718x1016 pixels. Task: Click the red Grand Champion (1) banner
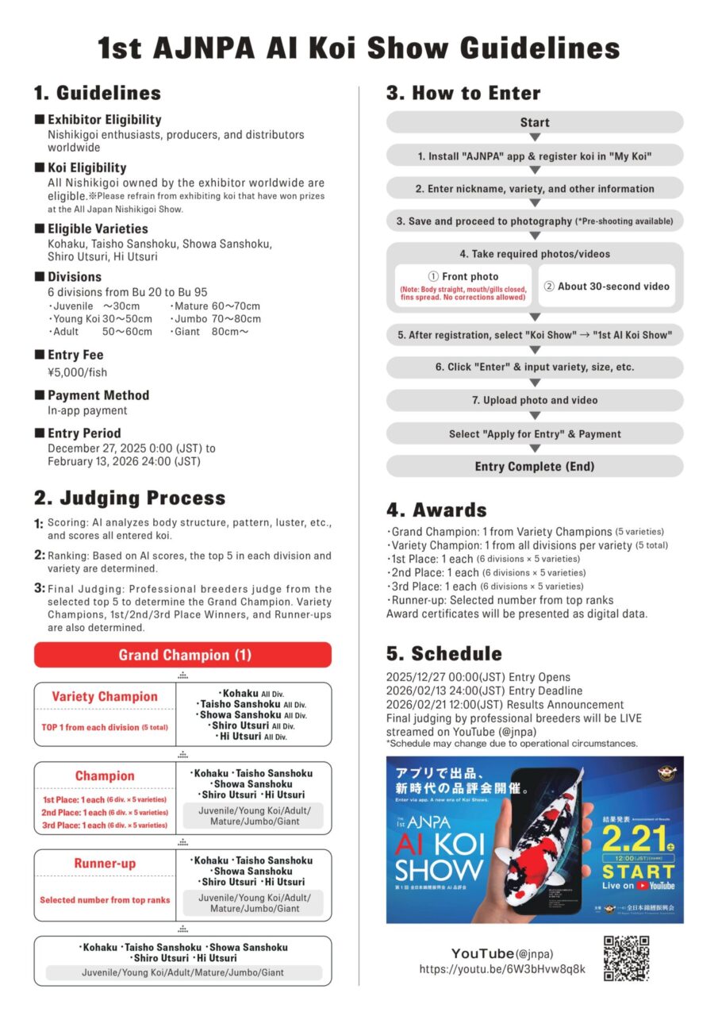(x=182, y=655)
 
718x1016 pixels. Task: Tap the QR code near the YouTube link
(x=626, y=959)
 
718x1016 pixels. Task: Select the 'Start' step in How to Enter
(x=535, y=122)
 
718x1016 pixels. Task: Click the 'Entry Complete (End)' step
(x=535, y=467)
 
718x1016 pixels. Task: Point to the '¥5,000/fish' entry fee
(x=77, y=371)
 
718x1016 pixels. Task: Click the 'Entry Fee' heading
(x=75, y=355)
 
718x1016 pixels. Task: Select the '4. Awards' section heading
(x=436, y=510)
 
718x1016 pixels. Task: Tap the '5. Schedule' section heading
(x=444, y=653)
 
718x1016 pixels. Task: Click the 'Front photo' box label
(x=470, y=277)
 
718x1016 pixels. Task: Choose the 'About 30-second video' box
(x=607, y=287)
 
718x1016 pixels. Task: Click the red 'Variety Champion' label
(x=105, y=697)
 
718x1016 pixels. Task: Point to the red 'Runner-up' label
(x=105, y=864)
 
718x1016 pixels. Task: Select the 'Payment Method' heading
(x=98, y=395)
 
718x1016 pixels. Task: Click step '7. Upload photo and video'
(x=535, y=401)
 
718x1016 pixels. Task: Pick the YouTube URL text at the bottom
(x=502, y=969)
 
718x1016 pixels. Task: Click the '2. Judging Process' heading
(x=129, y=498)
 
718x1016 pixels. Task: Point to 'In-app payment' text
(x=87, y=411)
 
